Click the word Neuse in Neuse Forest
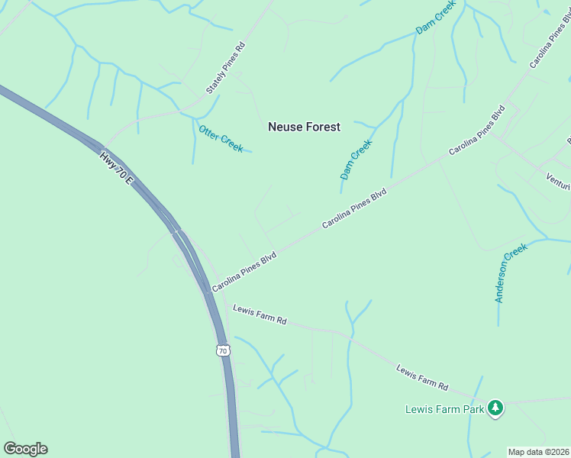(285, 127)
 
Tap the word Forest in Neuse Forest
(322, 127)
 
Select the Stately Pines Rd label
(225, 69)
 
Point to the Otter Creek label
(221, 138)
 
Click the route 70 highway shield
(222, 350)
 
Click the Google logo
(25, 449)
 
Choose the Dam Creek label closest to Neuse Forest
(356, 159)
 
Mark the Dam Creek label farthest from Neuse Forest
(435, 17)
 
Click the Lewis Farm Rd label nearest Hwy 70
(259, 314)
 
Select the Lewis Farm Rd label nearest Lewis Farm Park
(422, 376)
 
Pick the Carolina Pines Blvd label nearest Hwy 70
(244, 273)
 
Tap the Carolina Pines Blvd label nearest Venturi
(477, 131)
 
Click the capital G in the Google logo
(10, 449)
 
